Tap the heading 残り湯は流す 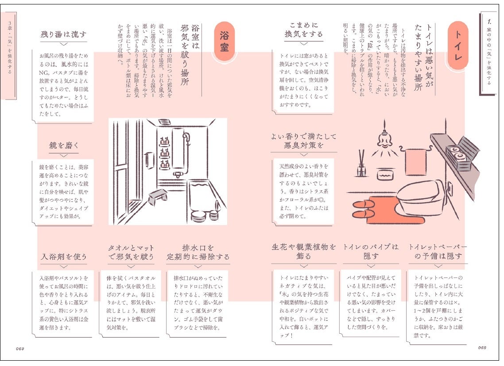point(63,35)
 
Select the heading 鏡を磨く point(63,145)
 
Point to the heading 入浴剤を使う point(64,257)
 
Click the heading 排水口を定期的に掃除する point(198,252)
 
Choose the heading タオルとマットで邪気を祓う point(131,252)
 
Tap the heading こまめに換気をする point(303,30)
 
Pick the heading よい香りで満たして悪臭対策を point(304,141)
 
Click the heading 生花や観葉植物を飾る point(304,251)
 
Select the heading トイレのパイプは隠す point(371,251)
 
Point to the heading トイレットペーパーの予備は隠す point(438,251)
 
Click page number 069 point(19,348)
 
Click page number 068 point(482,347)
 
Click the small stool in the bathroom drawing point(158,196)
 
